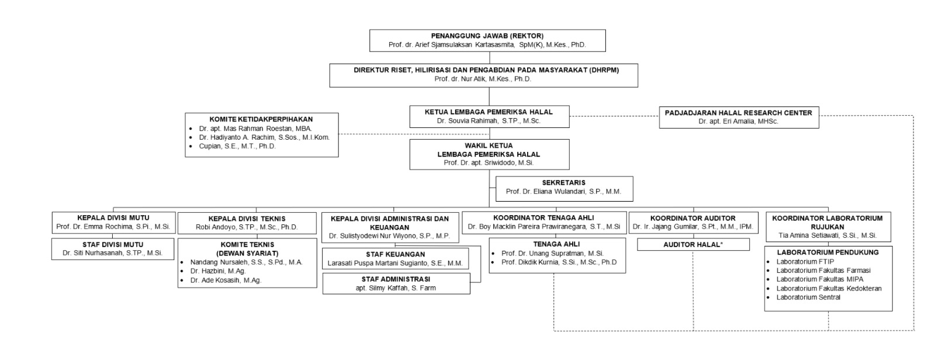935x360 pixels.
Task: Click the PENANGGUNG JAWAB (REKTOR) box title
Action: click(487, 36)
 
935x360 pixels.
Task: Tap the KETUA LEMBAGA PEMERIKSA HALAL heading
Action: click(489, 112)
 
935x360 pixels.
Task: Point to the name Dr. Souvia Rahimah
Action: click(467, 121)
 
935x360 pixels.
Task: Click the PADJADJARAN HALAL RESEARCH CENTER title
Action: click(739, 113)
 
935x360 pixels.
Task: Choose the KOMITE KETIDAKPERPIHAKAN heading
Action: click(261, 119)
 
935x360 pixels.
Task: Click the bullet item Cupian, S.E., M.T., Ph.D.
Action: click(237, 146)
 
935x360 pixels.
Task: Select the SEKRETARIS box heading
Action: click(563, 182)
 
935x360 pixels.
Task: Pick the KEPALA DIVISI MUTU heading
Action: click(113, 217)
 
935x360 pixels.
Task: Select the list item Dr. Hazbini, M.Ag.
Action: click(218, 271)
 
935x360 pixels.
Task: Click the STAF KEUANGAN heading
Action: click(395, 254)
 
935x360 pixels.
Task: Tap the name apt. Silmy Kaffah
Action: click(382, 288)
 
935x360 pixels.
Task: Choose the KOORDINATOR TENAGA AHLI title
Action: click(543, 217)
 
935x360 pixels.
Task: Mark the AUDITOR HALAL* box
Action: click(693, 244)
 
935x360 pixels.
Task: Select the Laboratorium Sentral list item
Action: click(808, 297)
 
